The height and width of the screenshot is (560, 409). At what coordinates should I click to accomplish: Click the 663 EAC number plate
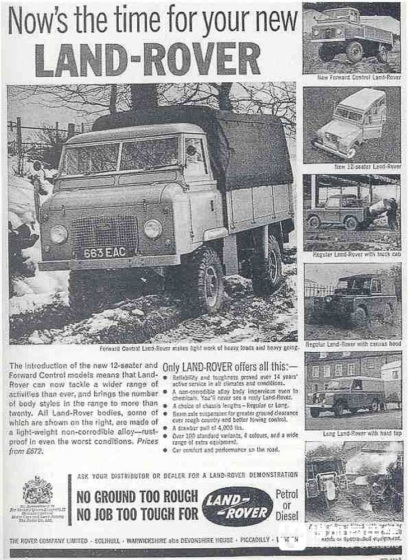[105, 252]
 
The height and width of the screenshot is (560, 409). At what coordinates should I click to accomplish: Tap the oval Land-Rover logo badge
[238, 506]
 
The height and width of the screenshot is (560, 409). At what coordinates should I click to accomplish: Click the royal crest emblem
[37, 490]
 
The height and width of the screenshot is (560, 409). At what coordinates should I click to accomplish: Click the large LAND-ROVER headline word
[148, 59]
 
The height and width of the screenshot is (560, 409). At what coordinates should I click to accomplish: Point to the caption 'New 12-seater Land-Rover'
[368, 166]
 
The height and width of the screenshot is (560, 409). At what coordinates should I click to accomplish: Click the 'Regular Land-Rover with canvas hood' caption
[353, 344]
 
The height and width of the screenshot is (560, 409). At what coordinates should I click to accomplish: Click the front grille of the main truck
[105, 229]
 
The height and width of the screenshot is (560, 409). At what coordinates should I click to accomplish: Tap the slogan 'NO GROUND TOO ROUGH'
[137, 497]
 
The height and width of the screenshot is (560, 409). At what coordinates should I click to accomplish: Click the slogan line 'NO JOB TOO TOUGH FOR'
[137, 514]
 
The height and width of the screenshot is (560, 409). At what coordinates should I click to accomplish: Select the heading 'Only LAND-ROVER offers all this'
[230, 367]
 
